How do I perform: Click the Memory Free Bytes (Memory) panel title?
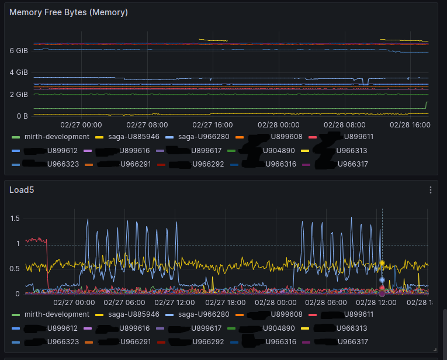(69, 12)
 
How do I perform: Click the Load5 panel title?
(21, 189)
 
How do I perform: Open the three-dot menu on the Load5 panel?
(431, 190)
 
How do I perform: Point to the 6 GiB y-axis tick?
(19, 51)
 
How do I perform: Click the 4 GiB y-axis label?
(19, 72)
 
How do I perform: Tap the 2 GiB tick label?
(19, 94)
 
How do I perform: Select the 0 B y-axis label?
(22, 116)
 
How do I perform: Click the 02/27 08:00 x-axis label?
(147, 124)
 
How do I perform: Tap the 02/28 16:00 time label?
(410, 124)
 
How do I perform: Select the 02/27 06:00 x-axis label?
(124, 303)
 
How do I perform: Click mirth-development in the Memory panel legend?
(57, 137)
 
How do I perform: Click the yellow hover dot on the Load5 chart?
(382, 264)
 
